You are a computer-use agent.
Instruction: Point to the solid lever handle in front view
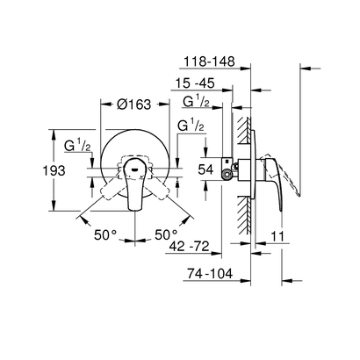pyautogui.click(x=134, y=186)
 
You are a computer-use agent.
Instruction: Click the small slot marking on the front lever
pyautogui.click(x=133, y=164)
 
